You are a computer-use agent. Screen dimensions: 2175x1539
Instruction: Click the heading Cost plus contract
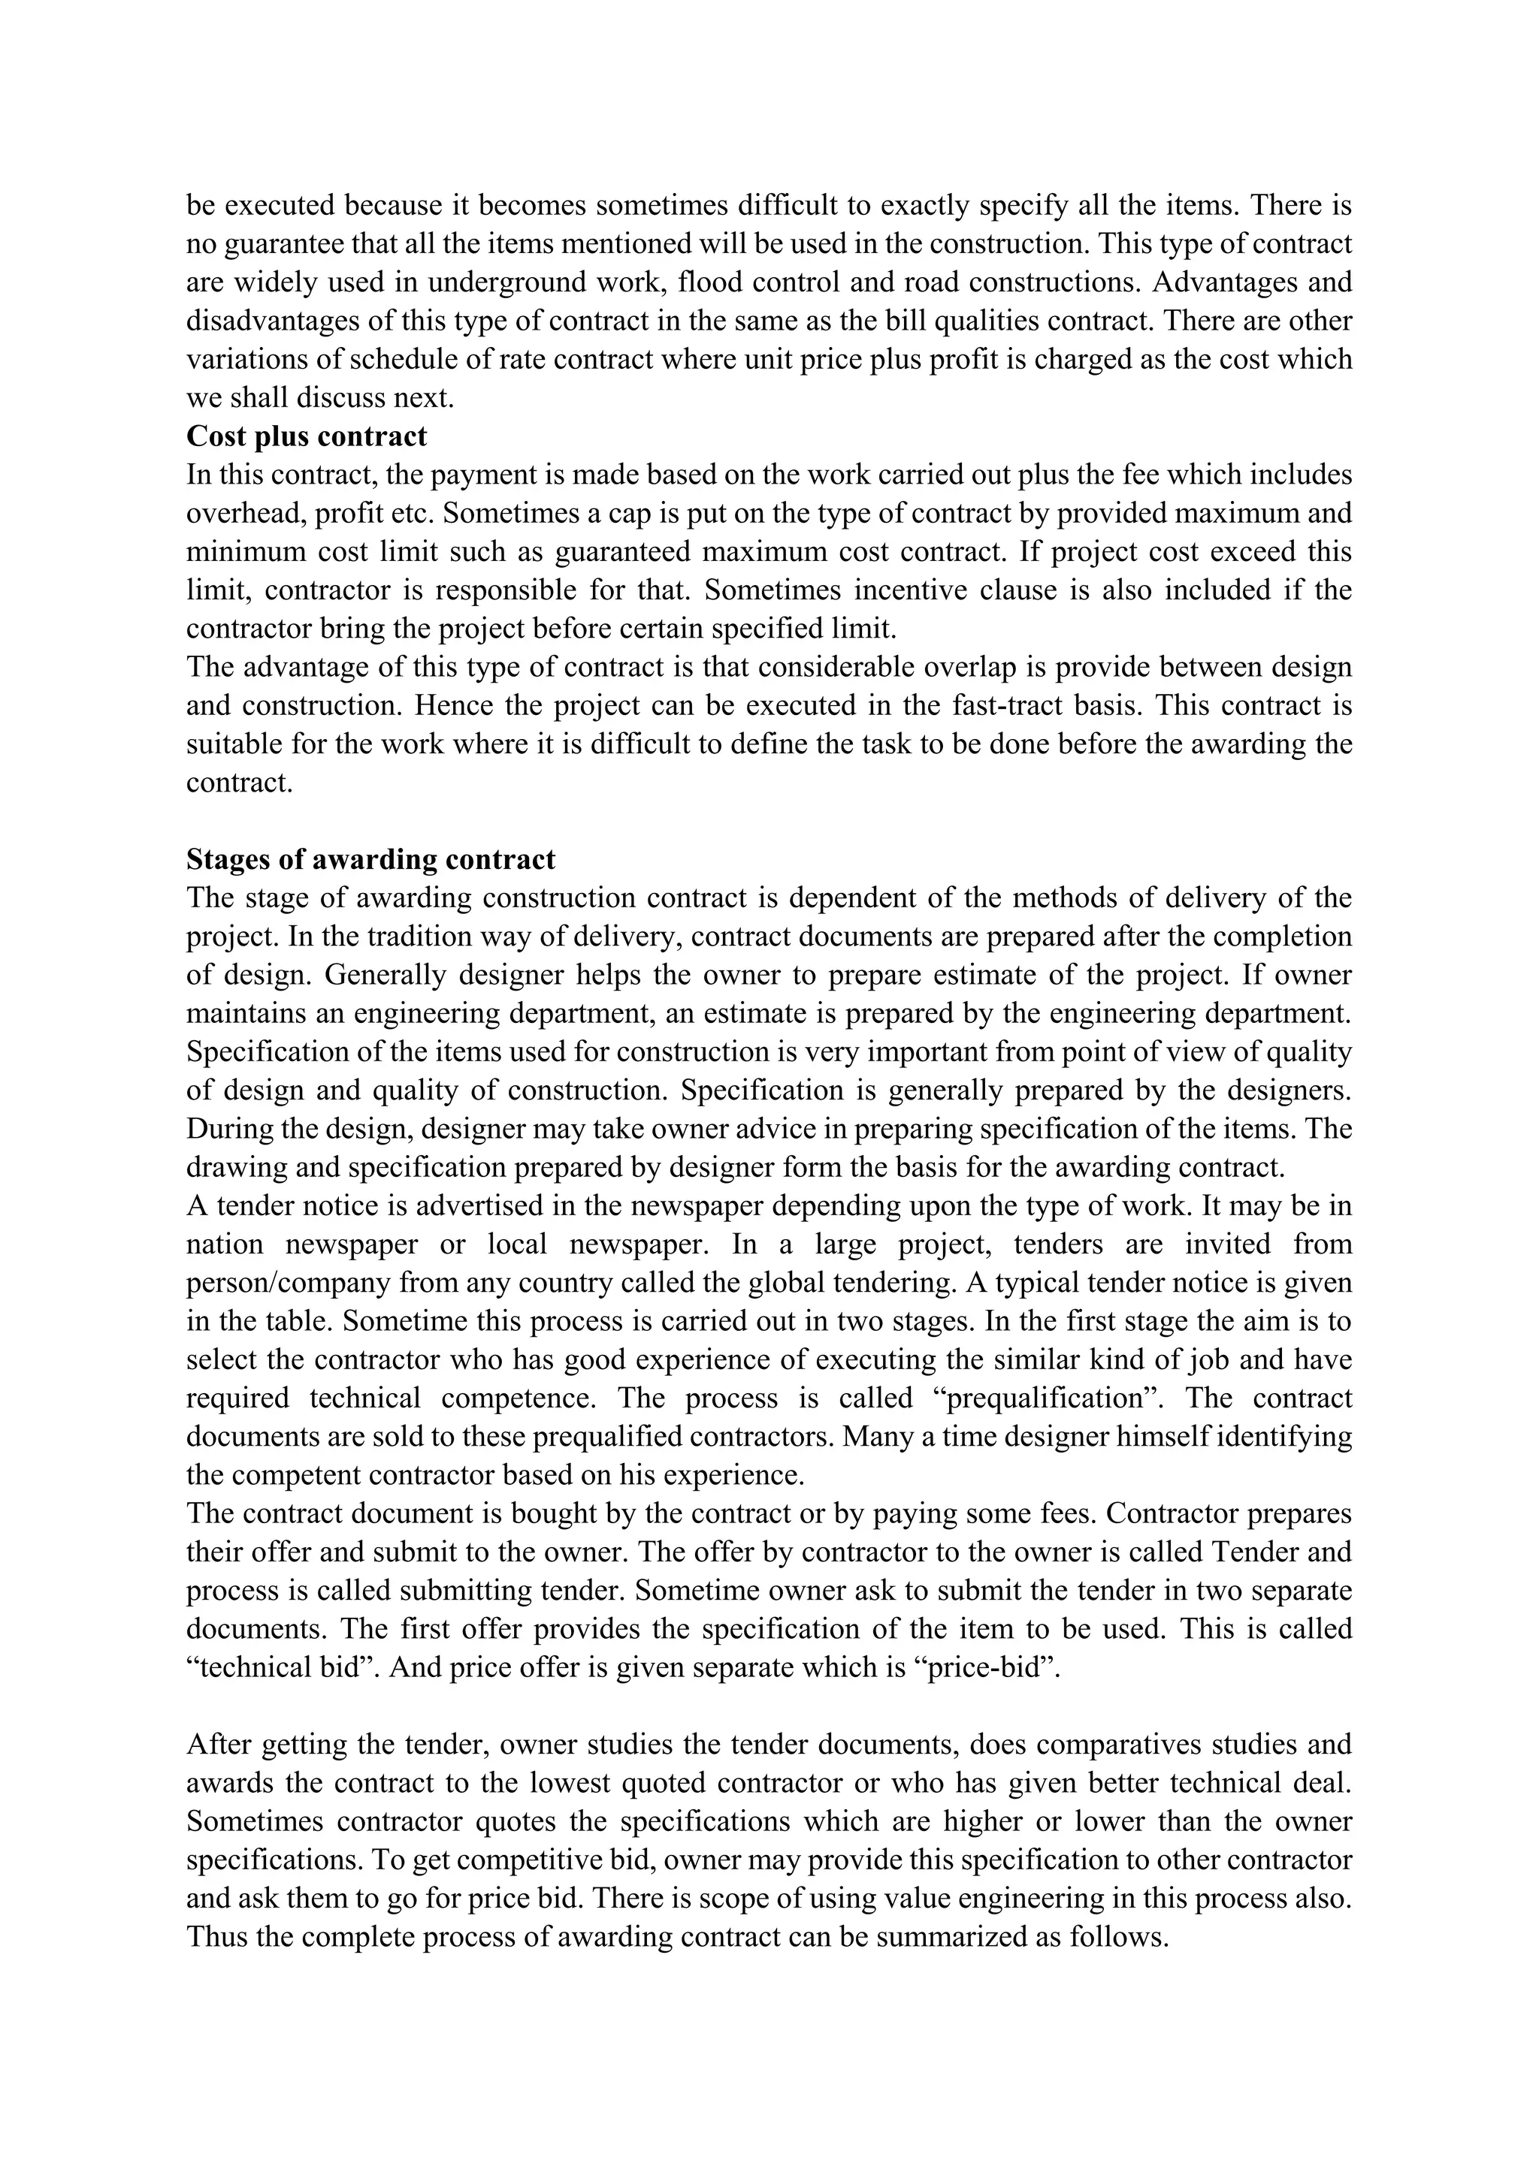(306, 436)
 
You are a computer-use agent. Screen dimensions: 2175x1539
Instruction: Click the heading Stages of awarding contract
(370, 859)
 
